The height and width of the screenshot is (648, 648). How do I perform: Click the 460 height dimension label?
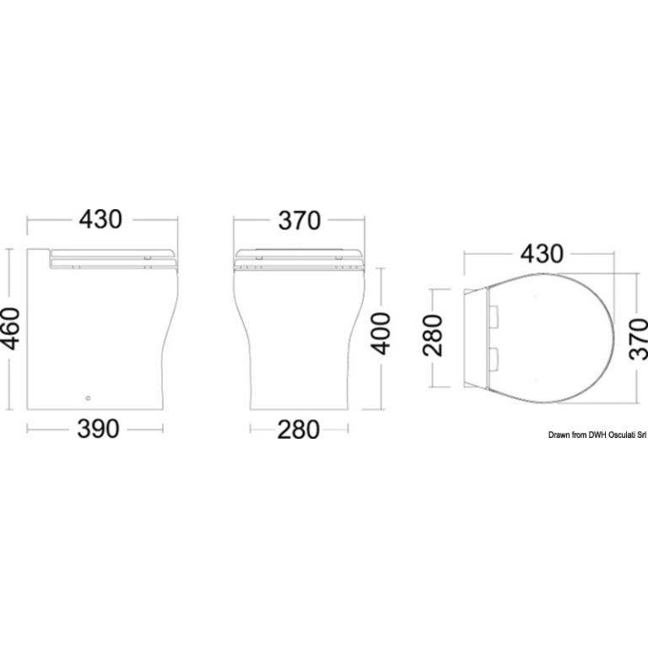[11, 329]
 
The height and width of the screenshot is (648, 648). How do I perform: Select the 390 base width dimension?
[99, 429]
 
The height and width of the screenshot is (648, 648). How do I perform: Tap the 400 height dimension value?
[381, 333]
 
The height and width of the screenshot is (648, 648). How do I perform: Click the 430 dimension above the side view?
[101, 219]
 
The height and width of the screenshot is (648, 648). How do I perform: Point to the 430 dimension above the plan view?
[542, 254]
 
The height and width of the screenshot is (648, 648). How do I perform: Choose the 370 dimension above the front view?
[300, 220]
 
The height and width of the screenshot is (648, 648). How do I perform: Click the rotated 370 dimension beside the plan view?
[638, 339]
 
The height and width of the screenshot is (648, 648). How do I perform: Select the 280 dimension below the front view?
[299, 429]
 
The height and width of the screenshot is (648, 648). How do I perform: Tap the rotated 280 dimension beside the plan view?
[432, 335]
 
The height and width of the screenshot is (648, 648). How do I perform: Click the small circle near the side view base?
[88, 398]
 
